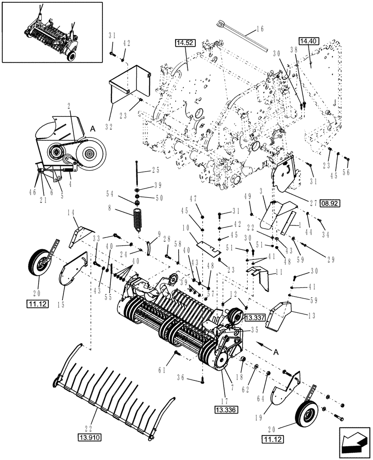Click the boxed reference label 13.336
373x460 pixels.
[224, 408]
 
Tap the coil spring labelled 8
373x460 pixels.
[138, 218]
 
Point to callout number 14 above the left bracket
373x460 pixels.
[71, 212]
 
